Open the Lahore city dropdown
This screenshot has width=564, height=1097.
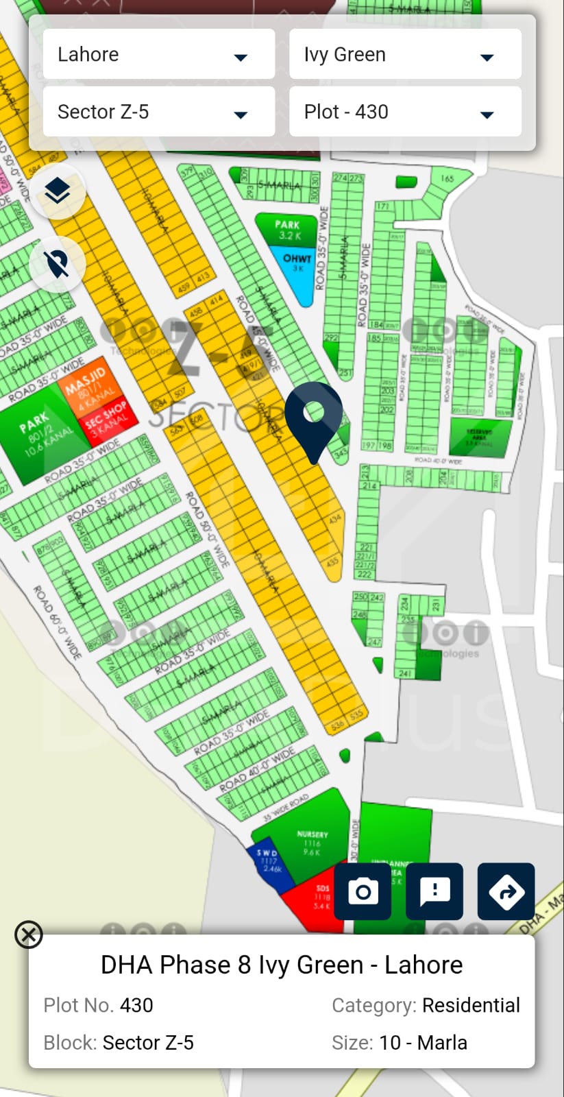158,54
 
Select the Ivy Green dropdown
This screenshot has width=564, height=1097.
405,54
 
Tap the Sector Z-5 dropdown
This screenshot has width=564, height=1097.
158,112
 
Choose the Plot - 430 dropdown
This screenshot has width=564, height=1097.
405,112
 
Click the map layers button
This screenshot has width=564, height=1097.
58,191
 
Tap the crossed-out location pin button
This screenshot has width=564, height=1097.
58,263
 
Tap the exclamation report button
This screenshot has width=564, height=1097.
434,891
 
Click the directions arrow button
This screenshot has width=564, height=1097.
506,891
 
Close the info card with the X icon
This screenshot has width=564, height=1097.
29,935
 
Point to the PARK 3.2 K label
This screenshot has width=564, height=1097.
288,230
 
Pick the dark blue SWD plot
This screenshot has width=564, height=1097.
269,863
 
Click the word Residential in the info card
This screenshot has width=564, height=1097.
471,1005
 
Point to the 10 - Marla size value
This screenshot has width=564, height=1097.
423,1043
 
